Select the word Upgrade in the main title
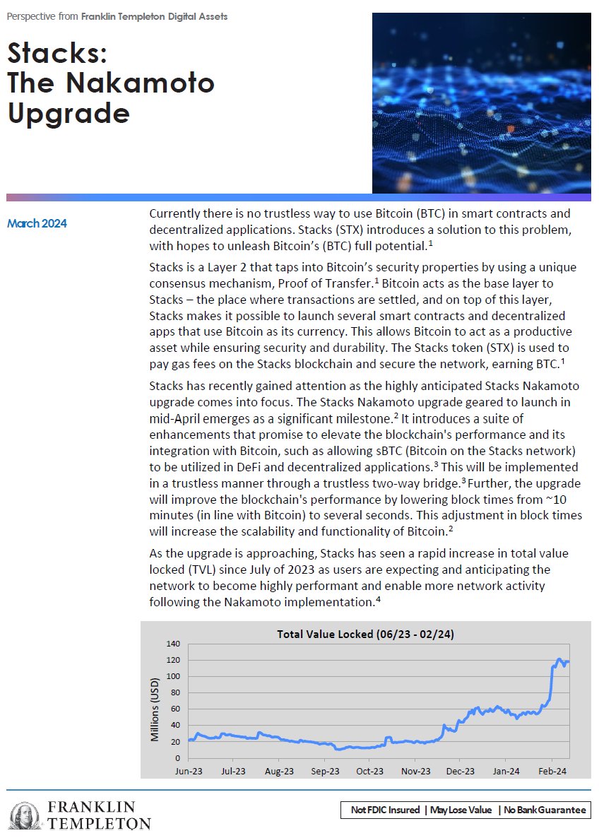pyautogui.click(x=69, y=113)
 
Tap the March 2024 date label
pyautogui.click(x=37, y=224)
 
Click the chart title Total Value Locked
pyautogui.click(x=365, y=635)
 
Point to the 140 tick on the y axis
pyautogui.click(x=173, y=644)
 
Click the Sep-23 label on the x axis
pyautogui.click(x=326, y=771)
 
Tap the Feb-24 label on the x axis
pyautogui.click(x=552, y=771)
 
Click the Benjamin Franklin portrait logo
pyautogui.click(x=27, y=816)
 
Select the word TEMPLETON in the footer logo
pyautogui.click(x=99, y=824)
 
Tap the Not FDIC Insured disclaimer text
pyautogui.click(x=385, y=810)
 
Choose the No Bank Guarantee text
pyautogui.click(x=544, y=810)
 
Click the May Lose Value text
pyautogui.click(x=462, y=810)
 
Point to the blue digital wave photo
pyautogui.click(x=481, y=102)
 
